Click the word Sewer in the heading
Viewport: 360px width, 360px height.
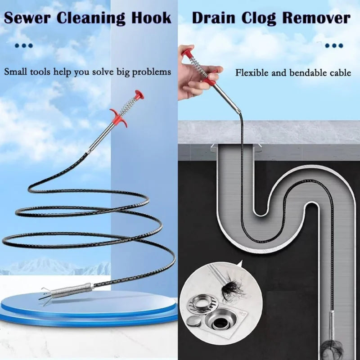pos(27,18)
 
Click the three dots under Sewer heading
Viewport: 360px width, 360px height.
pos(24,46)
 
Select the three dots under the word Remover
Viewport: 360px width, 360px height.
pos(334,46)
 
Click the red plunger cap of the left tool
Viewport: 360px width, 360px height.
pos(139,94)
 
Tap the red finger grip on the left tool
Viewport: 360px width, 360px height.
pos(118,117)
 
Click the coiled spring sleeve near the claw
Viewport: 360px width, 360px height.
pos(71,290)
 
